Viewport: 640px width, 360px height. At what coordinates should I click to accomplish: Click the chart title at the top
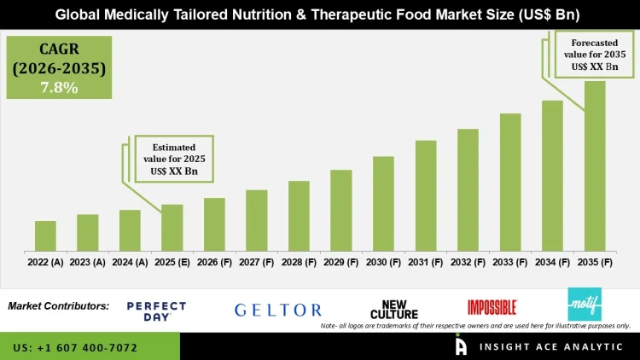[x=320, y=15]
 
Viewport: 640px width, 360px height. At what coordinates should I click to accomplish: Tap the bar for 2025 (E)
[x=172, y=228]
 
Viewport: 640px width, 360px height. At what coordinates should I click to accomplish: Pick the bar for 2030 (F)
[x=383, y=204]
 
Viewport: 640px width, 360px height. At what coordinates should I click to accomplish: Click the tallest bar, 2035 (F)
[x=595, y=165]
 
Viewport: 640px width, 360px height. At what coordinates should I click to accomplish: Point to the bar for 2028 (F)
[x=299, y=216]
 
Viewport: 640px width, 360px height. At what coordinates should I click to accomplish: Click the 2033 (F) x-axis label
[x=510, y=263]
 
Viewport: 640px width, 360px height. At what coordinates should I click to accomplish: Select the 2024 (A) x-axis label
[x=130, y=263]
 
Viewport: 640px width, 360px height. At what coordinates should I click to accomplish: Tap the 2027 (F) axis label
[x=257, y=263]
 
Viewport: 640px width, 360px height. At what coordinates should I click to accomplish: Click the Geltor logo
[x=278, y=311]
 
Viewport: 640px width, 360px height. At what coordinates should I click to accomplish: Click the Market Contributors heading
[x=58, y=305]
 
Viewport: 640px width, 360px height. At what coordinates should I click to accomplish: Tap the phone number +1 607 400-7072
[x=76, y=348]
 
